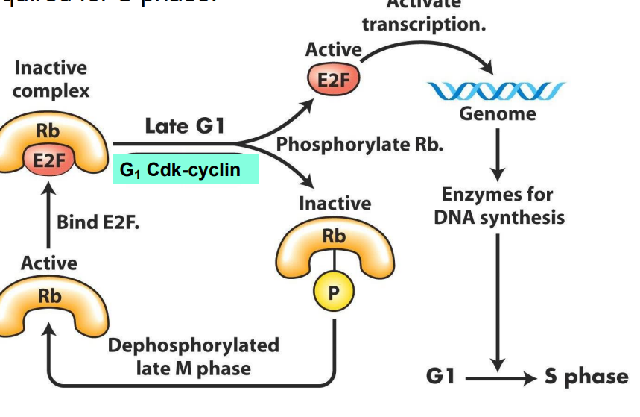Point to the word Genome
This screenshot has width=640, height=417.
click(x=497, y=114)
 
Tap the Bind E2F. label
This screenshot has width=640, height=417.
click(x=97, y=222)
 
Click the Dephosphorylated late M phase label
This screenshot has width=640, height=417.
click(x=193, y=357)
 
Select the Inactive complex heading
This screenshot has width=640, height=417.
click(x=50, y=79)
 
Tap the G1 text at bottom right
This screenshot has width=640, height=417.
click(x=440, y=377)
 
